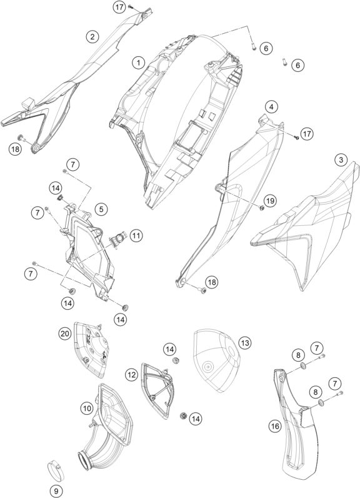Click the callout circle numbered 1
click(138, 63)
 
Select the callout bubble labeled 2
click(92, 37)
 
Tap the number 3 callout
click(341, 160)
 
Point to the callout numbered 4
click(271, 107)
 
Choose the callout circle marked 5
click(101, 209)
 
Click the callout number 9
click(56, 490)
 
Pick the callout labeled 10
click(87, 409)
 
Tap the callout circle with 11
click(136, 236)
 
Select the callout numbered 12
click(131, 375)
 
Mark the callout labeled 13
click(245, 343)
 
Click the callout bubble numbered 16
click(275, 425)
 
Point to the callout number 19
click(270, 201)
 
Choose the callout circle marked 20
click(65, 333)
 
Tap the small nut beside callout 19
click(261, 208)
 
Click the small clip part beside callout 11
click(118, 238)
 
